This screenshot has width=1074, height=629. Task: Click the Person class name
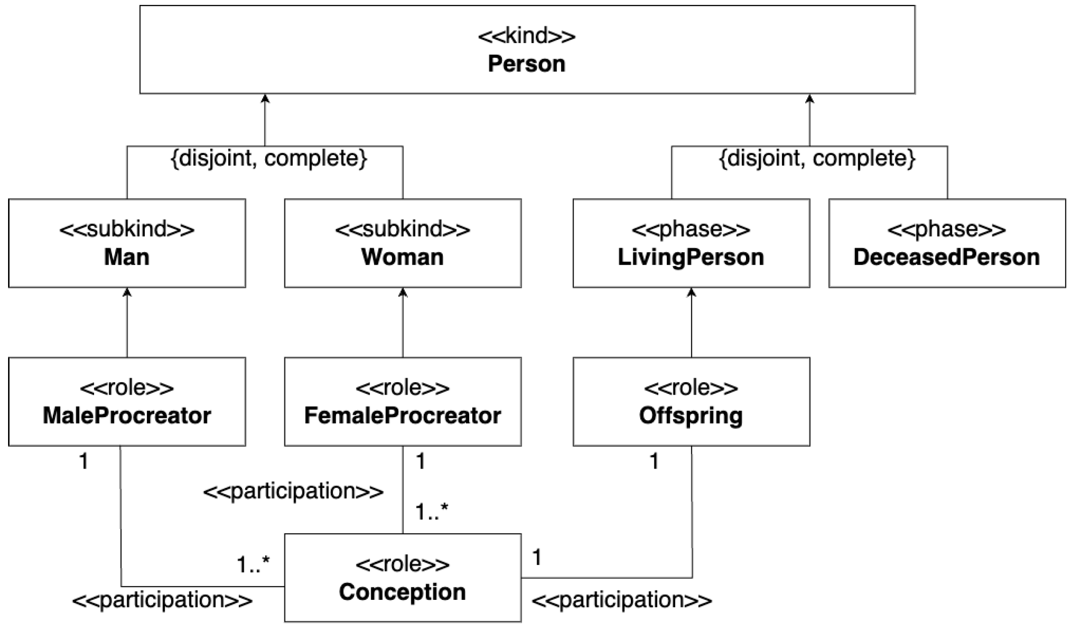(x=526, y=64)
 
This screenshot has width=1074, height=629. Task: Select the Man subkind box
(x=127, y=243)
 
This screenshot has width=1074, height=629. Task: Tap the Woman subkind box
(x=402, y=243)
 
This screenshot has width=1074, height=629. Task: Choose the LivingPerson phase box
(x=691, y=243)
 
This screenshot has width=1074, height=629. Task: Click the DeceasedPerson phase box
(x=947, y=243)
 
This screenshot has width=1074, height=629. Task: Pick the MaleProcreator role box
(x=127, y=401)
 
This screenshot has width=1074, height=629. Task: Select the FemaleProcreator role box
(x=402, y=401)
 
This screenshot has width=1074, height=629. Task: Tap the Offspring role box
(x=691, y=401)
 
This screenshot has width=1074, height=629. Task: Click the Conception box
(x=402, y=578)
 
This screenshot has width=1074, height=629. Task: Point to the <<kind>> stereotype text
(x=526, y=36)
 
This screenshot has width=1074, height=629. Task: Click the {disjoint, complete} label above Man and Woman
(x=269, y=158)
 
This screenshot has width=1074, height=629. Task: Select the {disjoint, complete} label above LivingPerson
(x=817, y=158)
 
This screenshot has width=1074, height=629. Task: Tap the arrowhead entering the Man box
(x=127, y=293)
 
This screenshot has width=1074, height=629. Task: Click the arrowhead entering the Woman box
(x=403, y=293)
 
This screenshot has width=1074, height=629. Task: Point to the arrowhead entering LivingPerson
(x=691, y=293)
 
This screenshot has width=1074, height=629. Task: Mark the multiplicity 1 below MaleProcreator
(x=84, y=461)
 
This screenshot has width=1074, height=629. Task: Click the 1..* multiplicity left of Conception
(x=253, y=564)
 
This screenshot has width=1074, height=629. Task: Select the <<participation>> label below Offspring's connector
(x=621, y=600)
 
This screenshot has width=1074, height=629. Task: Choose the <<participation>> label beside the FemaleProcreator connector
(x=293, y=491)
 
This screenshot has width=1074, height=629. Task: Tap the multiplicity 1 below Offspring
(x=654, y=461)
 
